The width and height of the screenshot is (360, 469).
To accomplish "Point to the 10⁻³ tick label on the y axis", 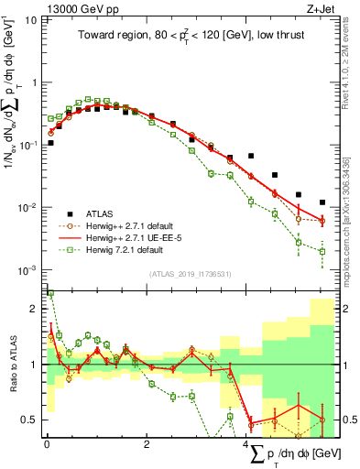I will [27, 269].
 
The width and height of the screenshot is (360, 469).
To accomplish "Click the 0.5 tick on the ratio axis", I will [28, 420].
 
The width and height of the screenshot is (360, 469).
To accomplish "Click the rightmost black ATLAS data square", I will [322, 202].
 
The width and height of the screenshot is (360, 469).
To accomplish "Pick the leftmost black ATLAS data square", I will [50, 143].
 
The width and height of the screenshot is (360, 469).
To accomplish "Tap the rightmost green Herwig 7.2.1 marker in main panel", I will [322, 251].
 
